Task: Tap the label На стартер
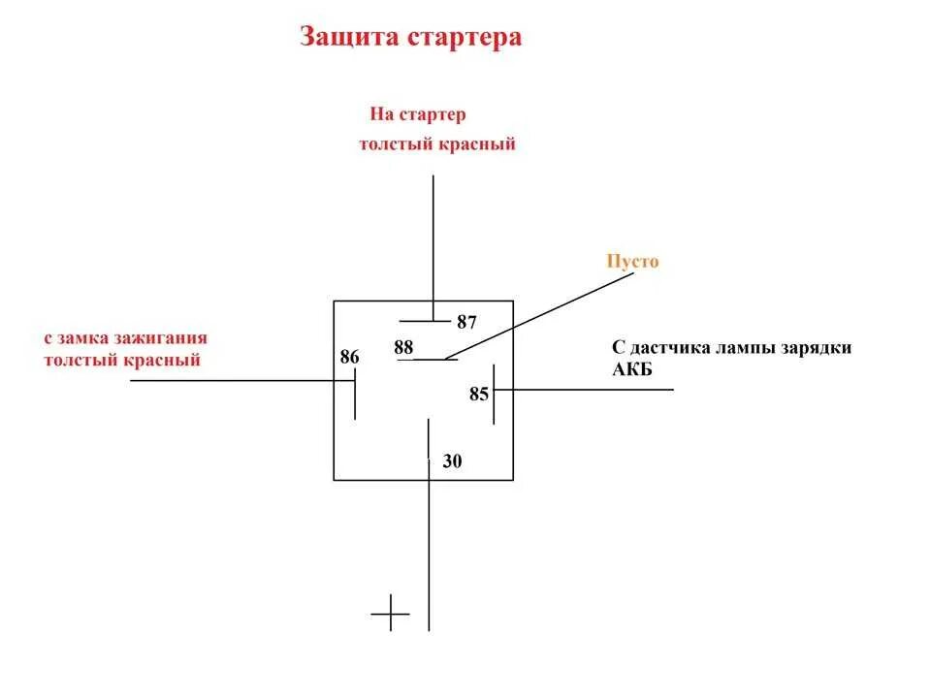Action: coord(417,114)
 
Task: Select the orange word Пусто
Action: coord(632,261)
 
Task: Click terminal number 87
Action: coord(466,323)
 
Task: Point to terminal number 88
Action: coord(403,346)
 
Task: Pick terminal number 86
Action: coord(349,358)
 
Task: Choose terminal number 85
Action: coord(479,395)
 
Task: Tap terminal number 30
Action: coord(452,462)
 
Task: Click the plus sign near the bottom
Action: coord(391,613)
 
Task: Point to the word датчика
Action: coord(668,347)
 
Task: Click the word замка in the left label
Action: coord(84,339)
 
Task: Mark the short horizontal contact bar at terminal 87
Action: coord(424,320)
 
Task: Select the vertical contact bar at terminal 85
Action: coord(494,394)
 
